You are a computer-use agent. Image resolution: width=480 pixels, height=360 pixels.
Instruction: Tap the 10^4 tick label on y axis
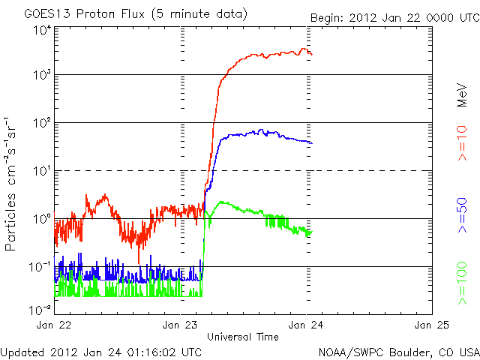click(x=40, y=30)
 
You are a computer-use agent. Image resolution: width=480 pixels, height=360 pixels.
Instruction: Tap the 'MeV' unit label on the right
click(x=463, y=94)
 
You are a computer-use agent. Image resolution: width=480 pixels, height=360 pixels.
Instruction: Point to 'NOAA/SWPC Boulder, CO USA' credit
click(x=398, y=352)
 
